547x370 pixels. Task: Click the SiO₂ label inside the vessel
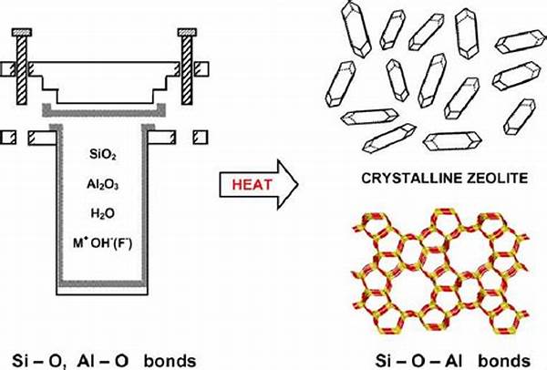[102, 155]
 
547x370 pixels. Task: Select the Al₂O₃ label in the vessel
[102, 184]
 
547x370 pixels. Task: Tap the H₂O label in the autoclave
[102, 212]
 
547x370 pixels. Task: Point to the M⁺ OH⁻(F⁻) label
[102, 242]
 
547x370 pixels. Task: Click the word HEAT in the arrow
[252, 184]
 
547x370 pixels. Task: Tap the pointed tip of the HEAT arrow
[298, 184]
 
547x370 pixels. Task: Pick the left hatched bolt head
[22, 33]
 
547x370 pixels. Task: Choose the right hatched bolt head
[187, 33]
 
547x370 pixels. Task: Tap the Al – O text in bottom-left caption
[104, 361]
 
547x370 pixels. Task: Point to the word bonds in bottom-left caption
[170, 361]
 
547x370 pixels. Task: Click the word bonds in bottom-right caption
[505, 361]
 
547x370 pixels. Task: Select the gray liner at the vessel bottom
[102, 283]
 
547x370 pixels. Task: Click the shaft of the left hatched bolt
[22, 70]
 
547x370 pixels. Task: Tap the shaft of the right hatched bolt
[187, 70]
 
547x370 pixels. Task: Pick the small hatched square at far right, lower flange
[201, 138]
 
